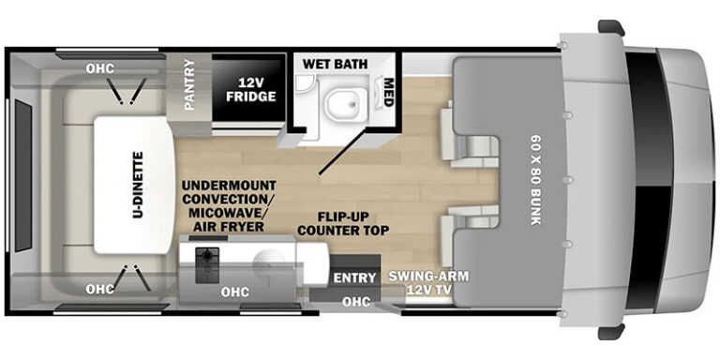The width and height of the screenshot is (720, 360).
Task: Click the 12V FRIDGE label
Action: point(250,90)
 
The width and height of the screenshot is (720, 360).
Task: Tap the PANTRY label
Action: point(189,85)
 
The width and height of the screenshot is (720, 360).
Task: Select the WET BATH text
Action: point(335,64)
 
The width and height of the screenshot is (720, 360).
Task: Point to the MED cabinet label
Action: point(389,93)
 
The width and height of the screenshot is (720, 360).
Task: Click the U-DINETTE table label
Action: point(138,185)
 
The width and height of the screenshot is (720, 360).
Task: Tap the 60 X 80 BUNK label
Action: point(536,180)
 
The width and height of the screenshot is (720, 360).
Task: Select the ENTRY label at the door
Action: point(354,277)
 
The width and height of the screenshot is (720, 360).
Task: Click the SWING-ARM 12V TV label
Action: point(428,282)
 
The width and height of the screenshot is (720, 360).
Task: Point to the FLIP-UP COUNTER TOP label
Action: point(342,223)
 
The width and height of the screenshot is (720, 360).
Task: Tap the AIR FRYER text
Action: point(229,226)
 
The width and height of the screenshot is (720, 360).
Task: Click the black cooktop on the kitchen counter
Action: point(207,265)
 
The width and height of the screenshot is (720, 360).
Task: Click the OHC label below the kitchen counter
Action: point(235,292)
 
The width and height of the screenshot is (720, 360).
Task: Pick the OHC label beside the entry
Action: point(356,301)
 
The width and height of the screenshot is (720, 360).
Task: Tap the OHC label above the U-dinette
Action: point(100,68)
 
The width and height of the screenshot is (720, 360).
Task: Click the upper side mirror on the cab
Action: point(611,27)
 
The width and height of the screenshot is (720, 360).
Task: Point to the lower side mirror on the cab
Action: point(611,332)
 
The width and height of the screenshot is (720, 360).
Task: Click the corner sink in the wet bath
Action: point(304,83)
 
